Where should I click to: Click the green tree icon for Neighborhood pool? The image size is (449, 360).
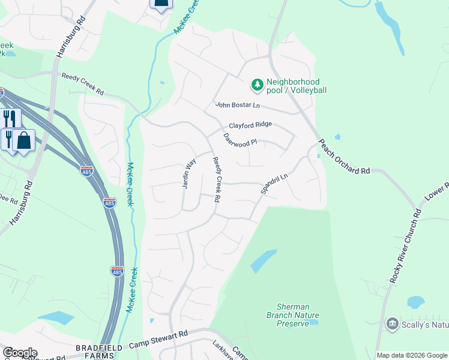tap(258, 85)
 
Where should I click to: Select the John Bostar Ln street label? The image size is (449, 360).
tap(238, 105)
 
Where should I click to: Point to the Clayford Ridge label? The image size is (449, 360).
tap(250, 125)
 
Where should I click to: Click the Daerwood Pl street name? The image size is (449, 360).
tap(240, 140)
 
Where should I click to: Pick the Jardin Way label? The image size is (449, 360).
tap(190, 173)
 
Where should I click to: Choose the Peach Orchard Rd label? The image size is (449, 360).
tap(343, 158)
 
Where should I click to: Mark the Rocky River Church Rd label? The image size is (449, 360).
tap(405, 246)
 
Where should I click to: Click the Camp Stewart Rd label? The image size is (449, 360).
tap(158, 340)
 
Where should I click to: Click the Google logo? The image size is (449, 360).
tap(19, 353)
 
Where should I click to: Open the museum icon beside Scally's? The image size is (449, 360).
tap(393, 324)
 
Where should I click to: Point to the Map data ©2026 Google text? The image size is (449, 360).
tap(412, 355)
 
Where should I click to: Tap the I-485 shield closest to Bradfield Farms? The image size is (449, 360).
tap(117, 271)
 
